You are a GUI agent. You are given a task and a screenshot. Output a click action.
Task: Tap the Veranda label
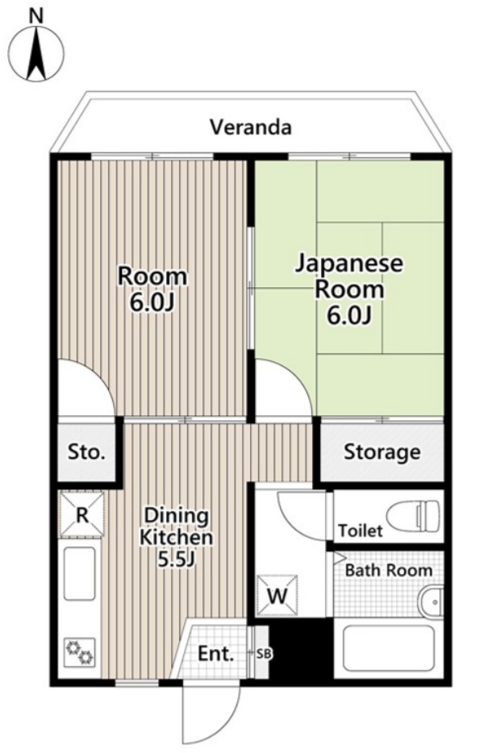(251, 127)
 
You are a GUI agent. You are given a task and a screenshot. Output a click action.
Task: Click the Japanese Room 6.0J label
(348, 289)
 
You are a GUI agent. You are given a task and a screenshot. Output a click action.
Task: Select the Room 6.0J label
(152, 289)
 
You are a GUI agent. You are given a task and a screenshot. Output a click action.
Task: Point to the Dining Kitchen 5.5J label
(176, 537)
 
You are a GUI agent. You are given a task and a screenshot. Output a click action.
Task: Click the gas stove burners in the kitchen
(80, 651)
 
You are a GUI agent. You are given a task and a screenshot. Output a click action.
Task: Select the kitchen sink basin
(80, 573)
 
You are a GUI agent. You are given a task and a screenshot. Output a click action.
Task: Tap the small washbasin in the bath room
(431, 601)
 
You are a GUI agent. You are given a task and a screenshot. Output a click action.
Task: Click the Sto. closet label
(86, 452)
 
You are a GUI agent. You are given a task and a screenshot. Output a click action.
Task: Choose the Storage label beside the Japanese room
(381, 452)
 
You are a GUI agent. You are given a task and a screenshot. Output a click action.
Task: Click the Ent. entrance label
(215, 654)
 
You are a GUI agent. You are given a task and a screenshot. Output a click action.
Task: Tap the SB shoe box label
(264, 653)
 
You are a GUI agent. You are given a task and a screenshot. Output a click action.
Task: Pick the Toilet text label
(360, 530)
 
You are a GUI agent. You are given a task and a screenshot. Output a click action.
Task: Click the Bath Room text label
(389, 571)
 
